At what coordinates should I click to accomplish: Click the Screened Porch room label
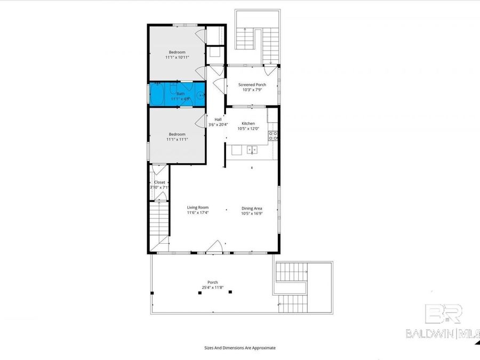tap(252, 85)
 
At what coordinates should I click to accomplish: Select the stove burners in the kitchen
tap(273, 135)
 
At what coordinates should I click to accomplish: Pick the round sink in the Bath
tap(199, 96)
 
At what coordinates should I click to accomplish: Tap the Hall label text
tap(218, 119)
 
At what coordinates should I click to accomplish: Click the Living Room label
tap(197, 207)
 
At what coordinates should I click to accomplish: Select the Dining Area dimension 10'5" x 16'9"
tap(251, 213)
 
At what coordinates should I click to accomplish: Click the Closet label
tap(159, 182)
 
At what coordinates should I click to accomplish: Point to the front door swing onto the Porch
tap(214, 246)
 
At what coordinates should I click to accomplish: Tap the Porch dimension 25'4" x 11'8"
tap(212, 288)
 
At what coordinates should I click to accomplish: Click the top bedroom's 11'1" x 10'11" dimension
tap(177, 57)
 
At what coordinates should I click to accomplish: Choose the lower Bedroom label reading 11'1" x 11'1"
tap(177, 139)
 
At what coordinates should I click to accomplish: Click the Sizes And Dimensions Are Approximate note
tap(239, 348)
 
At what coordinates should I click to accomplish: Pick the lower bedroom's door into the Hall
tap(201, 121)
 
